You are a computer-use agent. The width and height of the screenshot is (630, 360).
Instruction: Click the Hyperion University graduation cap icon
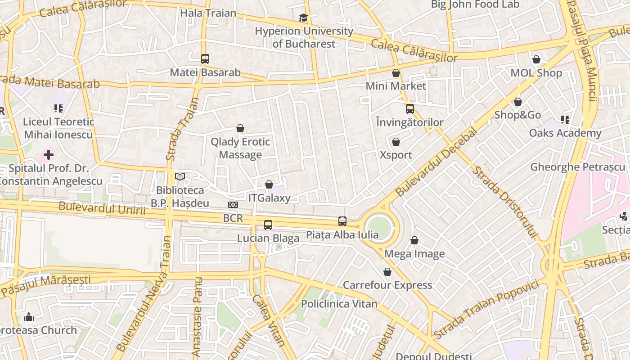click(303, 18)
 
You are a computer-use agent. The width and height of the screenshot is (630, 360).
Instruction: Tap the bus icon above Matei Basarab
click(205, 59)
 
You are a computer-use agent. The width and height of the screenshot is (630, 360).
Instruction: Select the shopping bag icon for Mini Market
click(396, 73)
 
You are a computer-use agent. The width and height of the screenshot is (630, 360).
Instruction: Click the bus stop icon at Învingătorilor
click(409, 109)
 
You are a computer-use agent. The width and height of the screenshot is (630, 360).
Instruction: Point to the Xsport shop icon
click(396, 142)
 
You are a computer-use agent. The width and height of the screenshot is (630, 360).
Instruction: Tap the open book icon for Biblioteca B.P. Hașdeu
click(180, 177)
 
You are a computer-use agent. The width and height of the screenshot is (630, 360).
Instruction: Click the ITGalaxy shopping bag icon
click(269, 184)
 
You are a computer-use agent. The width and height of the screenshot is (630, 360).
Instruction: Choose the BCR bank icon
click(233, 205)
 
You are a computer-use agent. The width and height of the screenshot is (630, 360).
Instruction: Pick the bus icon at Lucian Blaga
click(268, 225)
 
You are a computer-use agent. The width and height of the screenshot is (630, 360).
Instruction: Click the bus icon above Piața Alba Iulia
click(342, 221)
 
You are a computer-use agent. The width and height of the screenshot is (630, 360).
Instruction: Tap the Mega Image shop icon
click(414, 241)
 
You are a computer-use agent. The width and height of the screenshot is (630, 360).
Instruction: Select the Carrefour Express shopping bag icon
click(387, 272)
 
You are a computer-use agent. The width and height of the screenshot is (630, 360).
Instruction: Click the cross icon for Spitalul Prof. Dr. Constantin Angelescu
click(49, 155)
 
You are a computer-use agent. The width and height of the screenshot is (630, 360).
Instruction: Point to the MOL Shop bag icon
click(536, 59)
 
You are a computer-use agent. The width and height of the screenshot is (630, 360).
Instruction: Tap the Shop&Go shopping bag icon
click(518, 102)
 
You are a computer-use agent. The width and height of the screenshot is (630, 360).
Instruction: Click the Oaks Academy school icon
click(565, 120)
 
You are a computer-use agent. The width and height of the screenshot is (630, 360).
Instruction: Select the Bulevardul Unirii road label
click(102, 209)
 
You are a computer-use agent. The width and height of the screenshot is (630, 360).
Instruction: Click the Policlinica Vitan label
click(339, 304)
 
